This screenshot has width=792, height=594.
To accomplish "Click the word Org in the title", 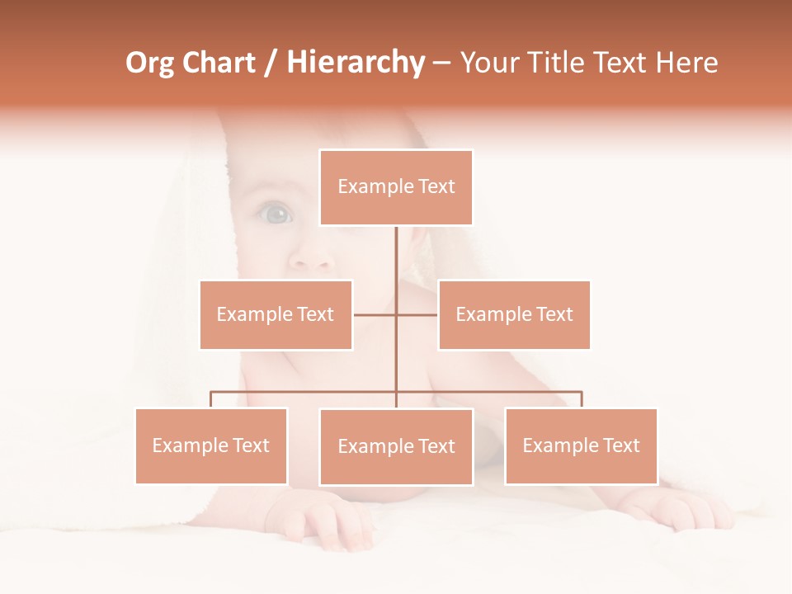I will (152, 63).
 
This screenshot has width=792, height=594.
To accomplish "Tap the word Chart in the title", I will (219, 63).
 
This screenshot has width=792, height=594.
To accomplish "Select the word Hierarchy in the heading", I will (356, 63).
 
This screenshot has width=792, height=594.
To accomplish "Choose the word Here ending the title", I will (690, 63).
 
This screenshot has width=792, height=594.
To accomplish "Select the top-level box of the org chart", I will (396, 187).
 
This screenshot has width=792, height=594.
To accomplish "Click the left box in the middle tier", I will (276, 314).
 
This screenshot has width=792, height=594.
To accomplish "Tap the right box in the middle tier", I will (514, 314).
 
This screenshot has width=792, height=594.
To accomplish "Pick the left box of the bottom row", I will (211, 445).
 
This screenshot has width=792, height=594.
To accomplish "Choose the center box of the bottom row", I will (396, 446).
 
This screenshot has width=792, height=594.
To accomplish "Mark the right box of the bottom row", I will (581, 445).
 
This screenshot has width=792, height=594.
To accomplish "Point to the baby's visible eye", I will (277, 215).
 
